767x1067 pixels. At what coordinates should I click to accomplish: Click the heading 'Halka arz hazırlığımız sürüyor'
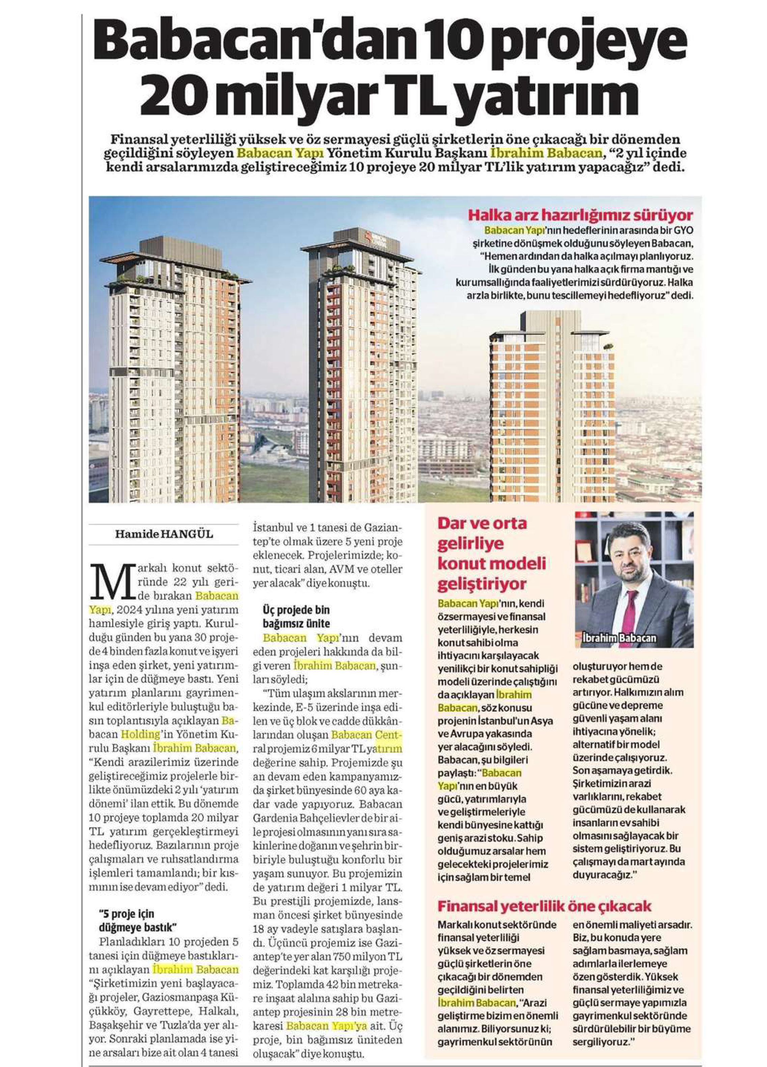(580, 216)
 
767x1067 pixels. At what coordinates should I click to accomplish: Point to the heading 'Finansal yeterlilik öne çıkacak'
(544, 906)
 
